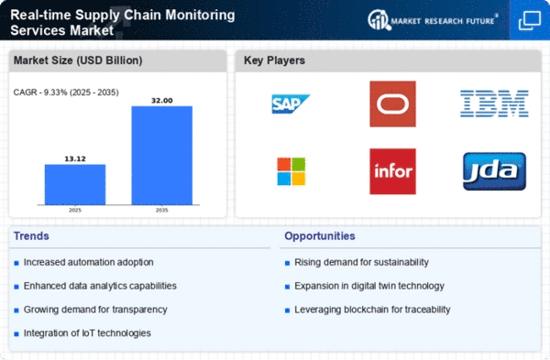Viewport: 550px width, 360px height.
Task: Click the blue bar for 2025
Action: [x=75, y=184]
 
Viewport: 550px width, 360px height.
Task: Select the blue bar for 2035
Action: [x=161, y=156]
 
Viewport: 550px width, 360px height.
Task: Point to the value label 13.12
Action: [x=75, y=158]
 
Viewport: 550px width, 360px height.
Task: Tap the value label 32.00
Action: [x=161, y=101]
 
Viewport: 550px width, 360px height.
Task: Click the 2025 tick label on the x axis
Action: [x=75, y=210]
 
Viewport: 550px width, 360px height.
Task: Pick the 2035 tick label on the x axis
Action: [x=161, y=210]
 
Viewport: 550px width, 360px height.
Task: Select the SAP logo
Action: [x=291, y=104]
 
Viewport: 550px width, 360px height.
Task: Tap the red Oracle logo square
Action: [x=392, y=104]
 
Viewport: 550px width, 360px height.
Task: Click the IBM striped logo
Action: [x=494, y=104]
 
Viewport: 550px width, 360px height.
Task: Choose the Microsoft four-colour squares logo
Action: [x=291, y=171]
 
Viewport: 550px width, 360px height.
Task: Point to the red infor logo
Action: [x=392, y=171]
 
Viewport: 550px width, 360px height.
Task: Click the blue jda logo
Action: [x=494, y=171]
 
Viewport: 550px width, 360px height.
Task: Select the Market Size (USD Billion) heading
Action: [x=78, y=60]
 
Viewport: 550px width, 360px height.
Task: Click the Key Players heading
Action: [x=274, y=60]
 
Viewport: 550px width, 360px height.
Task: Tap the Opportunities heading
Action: [x=320, y=236]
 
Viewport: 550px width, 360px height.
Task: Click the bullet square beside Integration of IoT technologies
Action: [x=16, y=334]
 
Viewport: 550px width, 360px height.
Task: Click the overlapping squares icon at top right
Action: [x=529, y=20]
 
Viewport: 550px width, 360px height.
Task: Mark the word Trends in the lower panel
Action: [x=31, y=236]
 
